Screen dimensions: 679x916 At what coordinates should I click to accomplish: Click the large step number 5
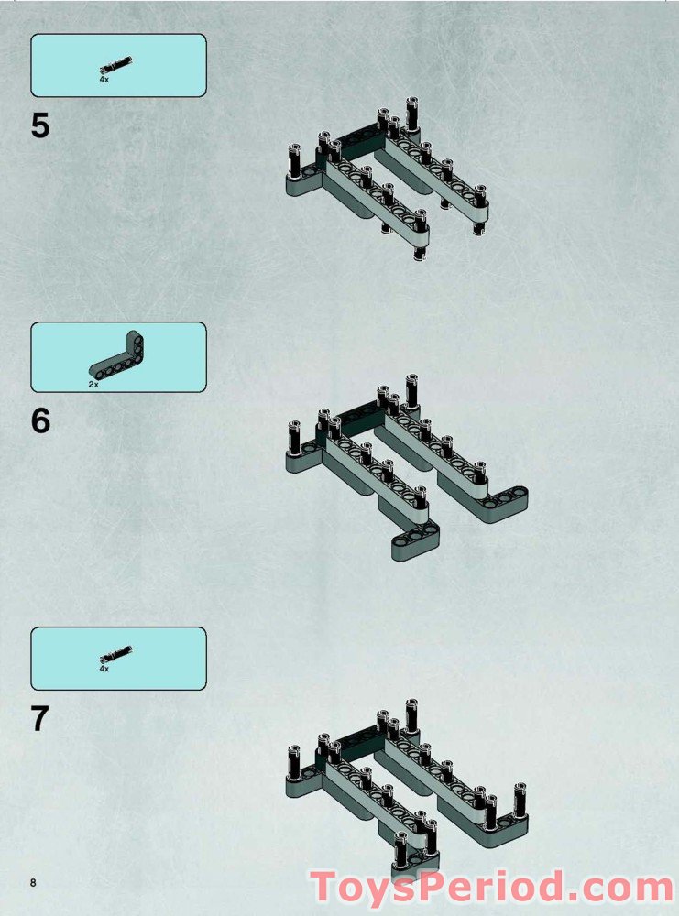pyautogui.click(x=39, y=126)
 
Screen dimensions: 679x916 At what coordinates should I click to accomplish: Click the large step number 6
pyautogui.click(x=40, y=421)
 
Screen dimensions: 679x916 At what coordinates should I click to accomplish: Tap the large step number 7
pyautogui.click(x=39, y=718)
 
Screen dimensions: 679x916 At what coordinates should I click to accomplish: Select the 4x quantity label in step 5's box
pyautogui.click(x=104, y=79)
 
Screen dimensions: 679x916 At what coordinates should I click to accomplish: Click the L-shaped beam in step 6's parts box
pyautogui.click(x=118, y=355)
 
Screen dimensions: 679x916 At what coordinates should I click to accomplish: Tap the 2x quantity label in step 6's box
pyautogui.click(x=93, y=385)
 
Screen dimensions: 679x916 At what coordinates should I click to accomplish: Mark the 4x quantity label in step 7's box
pyautogui.click(x=104, y=669)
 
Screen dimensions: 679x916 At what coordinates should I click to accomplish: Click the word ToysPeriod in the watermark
pyautogui.click(x=436, y=886)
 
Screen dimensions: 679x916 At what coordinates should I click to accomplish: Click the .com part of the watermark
pyautogui.click(x=621, y=888)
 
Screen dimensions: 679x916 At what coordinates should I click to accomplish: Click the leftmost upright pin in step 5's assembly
pyautogui.click(x=293, y=160)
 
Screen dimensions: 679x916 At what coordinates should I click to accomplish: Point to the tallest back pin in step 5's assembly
pyautogui.click(x=411, y=114)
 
